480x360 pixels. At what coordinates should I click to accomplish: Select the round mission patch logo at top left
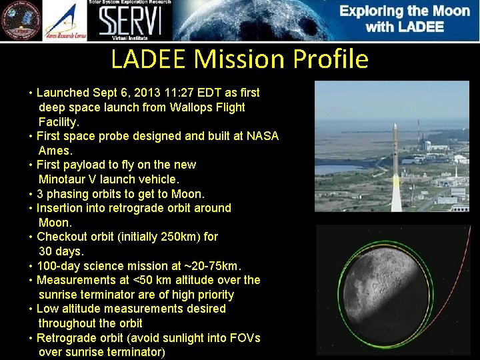(20, 21)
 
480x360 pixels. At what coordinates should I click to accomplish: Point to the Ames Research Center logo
(65, 21)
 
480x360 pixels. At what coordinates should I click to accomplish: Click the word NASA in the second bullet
(263, 136)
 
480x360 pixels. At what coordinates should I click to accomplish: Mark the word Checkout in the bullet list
(61, 237)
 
